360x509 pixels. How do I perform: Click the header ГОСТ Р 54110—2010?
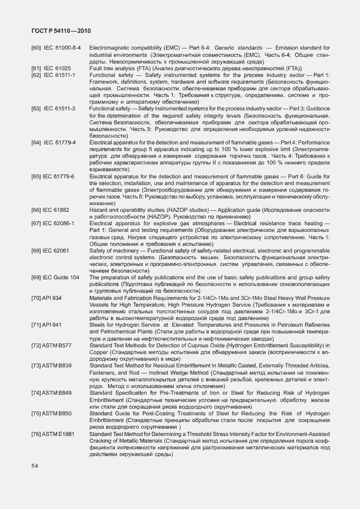point(60,32)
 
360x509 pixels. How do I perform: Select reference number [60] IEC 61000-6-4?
point(56,49)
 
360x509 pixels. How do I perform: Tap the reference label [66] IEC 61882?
point(51,209)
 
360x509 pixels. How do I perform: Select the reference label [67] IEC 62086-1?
point(53,223)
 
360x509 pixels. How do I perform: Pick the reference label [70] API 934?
point(47,298)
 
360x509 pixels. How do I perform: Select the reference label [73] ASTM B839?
point(52,365)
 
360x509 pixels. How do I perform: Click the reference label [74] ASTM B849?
point(52,393)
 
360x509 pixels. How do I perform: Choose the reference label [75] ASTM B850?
point(52,413)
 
